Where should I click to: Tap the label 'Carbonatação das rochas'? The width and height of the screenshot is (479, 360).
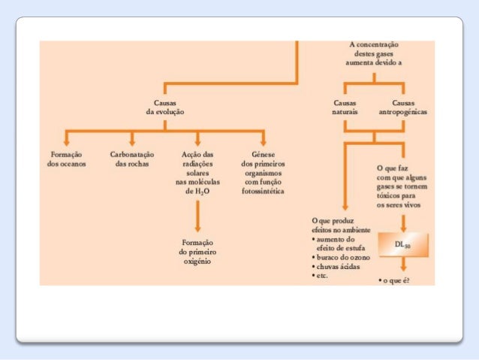(132, 159)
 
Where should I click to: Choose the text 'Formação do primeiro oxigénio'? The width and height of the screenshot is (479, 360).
(197, 253)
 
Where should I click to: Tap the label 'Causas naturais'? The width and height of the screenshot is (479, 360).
(345, 107)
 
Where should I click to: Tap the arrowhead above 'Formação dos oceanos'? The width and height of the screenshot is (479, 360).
(67, 142)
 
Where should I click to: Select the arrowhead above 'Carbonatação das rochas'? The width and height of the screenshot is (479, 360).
(132, 142)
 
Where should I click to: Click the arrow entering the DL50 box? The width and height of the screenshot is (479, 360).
(403, 223)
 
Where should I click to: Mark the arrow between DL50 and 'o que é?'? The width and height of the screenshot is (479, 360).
(403, 265)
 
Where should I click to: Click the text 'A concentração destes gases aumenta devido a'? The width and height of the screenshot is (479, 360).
(374, 54)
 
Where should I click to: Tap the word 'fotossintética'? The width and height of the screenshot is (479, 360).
(263, 191)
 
